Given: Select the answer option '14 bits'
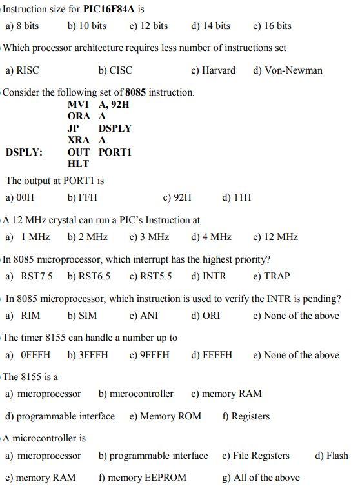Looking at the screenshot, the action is point(211,26).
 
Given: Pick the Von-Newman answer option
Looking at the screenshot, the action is point(288,70).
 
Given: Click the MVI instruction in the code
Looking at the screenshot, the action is point(79,104).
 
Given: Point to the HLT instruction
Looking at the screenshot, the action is point(78,164).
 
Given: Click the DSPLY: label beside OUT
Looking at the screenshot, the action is point(25,152).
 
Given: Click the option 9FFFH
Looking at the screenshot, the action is point(150,355).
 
